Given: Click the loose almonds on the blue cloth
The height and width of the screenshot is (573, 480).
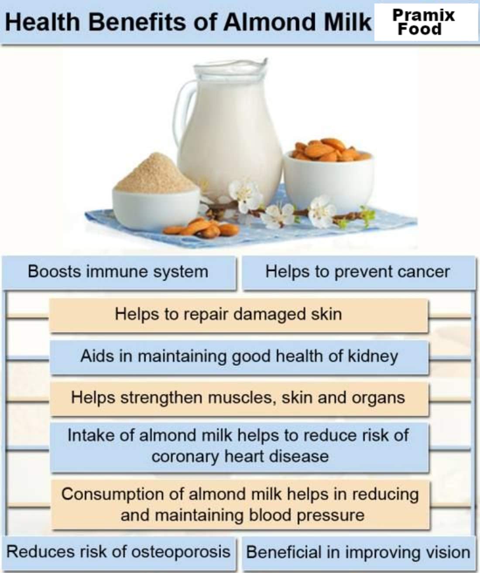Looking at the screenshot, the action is pos(201,228).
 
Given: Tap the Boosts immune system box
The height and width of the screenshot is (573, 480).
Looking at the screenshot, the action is pos(118,273).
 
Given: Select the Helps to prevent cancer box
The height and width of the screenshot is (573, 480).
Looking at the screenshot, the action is pos(358,273).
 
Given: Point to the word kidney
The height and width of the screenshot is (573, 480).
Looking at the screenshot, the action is pos(373,357).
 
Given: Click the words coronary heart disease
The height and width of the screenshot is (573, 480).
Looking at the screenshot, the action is pos(240,457).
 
